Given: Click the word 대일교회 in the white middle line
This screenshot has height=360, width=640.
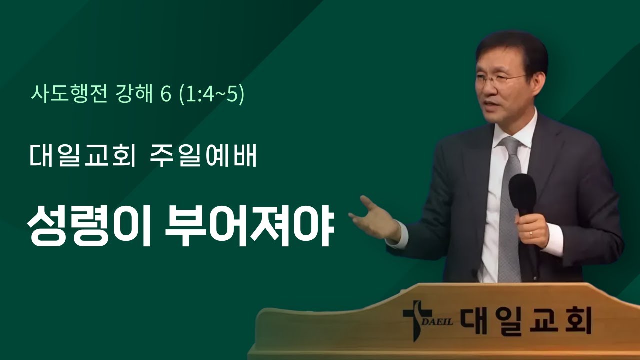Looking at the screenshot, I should click(x=83, y=157).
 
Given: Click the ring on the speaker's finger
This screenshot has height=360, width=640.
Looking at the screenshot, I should click(x=531, y=233).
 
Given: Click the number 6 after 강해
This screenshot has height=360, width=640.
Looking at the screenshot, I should click(x=166, y=94).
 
